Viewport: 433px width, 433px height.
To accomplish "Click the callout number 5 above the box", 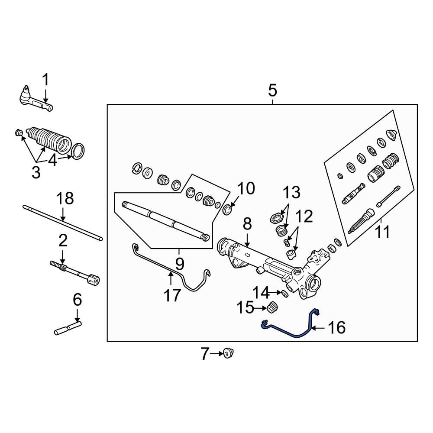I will (272, 91).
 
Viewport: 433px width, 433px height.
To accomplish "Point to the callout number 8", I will (247, 224).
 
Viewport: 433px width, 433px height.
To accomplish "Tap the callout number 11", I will (382, 232).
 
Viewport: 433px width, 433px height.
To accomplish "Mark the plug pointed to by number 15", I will (272, 308).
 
